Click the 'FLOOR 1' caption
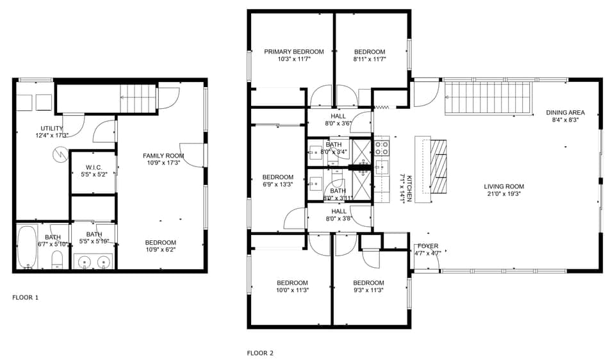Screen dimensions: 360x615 (x=26, y=297)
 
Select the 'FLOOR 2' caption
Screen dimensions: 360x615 (x=260, y=352)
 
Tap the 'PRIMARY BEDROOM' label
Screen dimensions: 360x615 (x=294, y=52)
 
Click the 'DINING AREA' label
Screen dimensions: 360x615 (x=565, y=112)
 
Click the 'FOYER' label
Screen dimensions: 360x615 (x=427, y=246)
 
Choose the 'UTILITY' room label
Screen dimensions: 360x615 (x=52, y=128)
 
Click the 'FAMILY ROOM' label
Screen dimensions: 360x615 (x=163, y=156)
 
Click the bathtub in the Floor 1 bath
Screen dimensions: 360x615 (x=27, y=246)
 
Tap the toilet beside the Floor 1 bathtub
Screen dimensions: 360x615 (x=56, y=259)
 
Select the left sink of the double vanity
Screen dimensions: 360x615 (x=85, y=261)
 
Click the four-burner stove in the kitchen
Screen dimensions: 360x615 (x=382, y=149)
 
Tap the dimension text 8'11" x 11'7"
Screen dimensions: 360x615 (x=370, y=59)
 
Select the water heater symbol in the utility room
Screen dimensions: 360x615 (x=60, y=154)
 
